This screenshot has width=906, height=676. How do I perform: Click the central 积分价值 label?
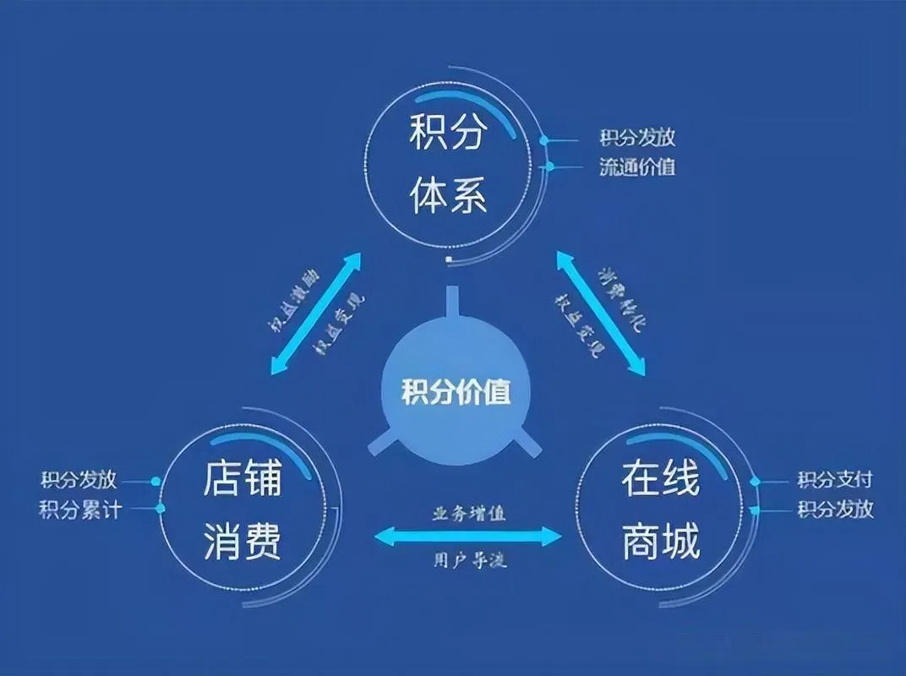456,393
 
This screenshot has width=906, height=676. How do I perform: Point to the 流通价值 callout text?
637,166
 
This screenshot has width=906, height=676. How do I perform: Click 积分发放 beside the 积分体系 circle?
637,138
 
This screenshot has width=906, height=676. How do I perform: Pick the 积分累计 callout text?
80,510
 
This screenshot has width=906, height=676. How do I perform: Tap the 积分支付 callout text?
835,480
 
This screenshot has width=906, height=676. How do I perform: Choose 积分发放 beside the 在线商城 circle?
835,510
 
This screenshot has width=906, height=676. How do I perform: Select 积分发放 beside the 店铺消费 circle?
80,480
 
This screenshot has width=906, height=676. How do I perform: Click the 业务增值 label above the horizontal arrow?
468,513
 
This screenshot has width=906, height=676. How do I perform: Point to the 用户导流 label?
468,560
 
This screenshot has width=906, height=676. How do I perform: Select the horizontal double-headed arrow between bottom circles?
468,536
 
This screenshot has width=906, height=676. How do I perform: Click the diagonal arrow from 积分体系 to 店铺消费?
314,313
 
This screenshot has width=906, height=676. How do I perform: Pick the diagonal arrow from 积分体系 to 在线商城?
600,313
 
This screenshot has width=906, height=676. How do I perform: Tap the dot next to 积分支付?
756,481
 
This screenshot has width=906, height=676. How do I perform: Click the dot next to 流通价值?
550,166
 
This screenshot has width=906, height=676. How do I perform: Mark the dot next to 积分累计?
161,509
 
